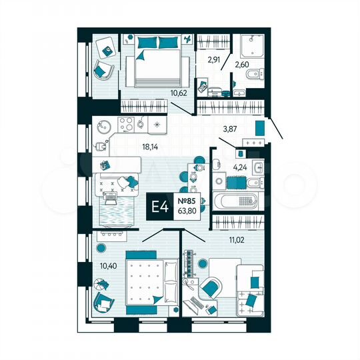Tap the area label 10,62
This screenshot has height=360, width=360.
pyautogui.click(x=179, y=93)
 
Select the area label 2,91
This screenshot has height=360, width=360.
pyautogui.click(x=213, y=59)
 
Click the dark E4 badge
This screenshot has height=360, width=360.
pyautogui.click(x=161, y=208)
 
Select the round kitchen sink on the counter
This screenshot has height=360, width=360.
pyautogui.click(x=103, y=125)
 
